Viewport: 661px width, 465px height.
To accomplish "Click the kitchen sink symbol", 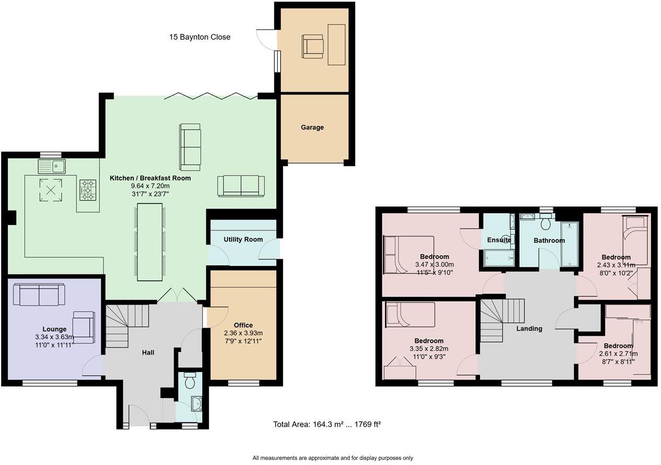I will click(51, 167).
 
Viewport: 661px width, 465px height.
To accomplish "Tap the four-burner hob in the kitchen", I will click(88, 190).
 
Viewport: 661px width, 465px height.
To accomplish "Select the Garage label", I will click(312, 127).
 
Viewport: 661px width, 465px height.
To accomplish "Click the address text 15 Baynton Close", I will click(200, 37).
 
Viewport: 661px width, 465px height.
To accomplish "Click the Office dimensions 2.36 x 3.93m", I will click(243, 333).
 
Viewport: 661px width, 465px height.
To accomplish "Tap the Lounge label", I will click(54, 329).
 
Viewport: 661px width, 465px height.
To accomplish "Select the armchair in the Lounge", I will click(84, 327).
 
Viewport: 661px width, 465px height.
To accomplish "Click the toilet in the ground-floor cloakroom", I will click(190, 380).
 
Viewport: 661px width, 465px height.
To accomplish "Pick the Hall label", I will click(148, 353).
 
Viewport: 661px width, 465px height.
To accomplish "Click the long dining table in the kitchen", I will click(150, 243).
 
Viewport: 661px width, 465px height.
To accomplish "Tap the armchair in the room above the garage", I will click(313, 46).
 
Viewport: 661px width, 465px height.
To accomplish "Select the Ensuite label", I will click(499, 240).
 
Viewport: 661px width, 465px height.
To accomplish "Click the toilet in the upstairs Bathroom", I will click(546, 224).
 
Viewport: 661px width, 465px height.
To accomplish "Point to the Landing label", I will click(529, 328).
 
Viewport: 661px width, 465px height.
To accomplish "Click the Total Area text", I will click(327, 424).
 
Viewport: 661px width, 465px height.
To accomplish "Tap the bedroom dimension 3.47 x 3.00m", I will click(434, 265).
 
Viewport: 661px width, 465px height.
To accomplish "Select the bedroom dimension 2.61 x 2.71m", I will click(618, 354).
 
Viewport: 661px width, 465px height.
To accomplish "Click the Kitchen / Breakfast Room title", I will click(150, 178).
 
